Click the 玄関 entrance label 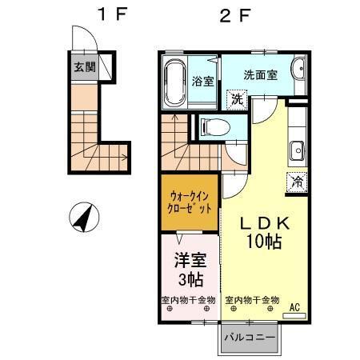click(85, 67)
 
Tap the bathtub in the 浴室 click(174, 82)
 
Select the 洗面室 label click(260, 74)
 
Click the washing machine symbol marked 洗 click(236, 99)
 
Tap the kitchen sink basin click(296, 150)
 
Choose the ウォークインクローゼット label click(190, 200)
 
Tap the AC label click(294, 307)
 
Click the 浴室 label click(203, 80)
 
